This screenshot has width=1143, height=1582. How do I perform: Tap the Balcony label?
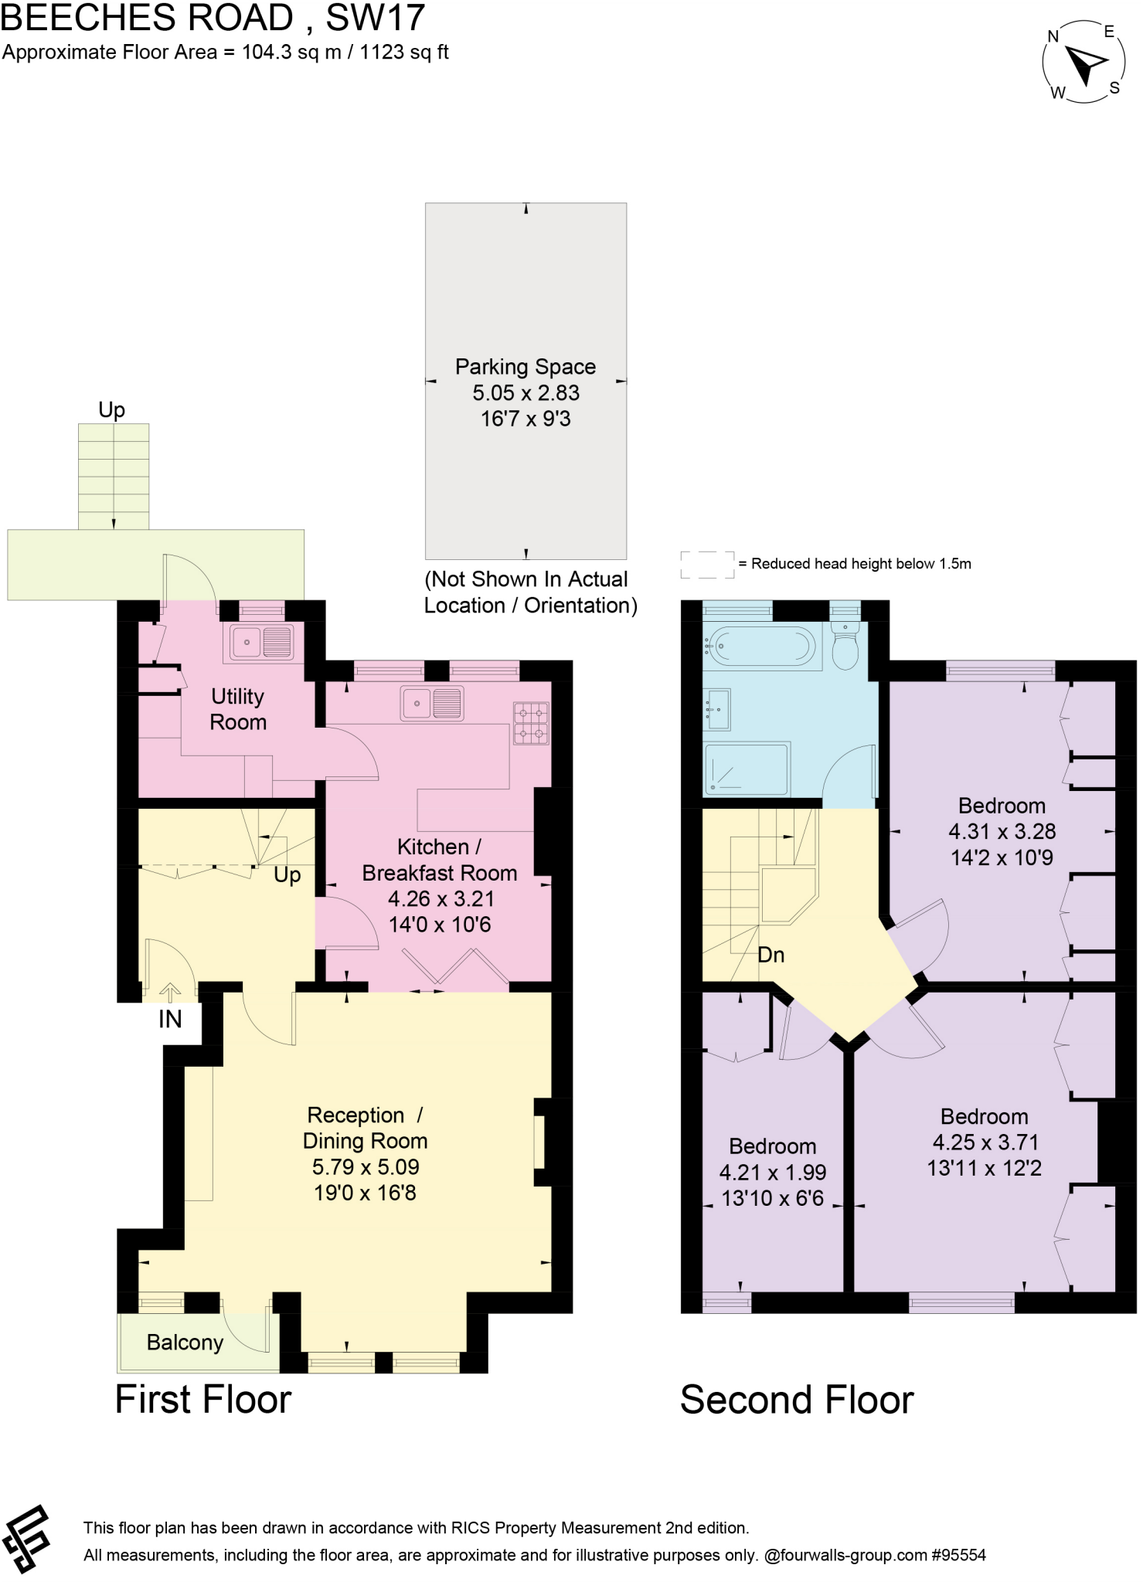[185, 1343]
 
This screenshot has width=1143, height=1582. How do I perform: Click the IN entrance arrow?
[170, 992]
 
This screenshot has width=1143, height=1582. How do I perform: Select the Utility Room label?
[238, 709]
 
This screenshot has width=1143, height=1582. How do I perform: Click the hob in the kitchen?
[531, 723]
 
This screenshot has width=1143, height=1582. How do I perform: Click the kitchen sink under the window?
[432, 704]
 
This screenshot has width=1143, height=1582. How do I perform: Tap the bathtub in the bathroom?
[762, 645]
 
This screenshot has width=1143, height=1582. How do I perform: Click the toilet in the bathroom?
[845, 650]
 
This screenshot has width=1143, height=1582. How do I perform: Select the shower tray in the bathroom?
[746, 769]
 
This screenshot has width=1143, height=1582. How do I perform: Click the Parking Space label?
[526, 366]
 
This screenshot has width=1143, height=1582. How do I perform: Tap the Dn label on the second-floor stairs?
[771, 955]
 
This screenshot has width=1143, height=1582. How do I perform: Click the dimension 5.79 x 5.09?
[366, 1166]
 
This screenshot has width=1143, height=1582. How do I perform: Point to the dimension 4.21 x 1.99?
[773, 1172]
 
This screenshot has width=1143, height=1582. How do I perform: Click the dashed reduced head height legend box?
[707, 565]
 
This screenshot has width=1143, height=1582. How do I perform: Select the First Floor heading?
[203, 1400]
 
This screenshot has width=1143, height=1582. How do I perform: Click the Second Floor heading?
[797, 1400]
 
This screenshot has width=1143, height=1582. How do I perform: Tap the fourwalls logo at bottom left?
[27, 1539]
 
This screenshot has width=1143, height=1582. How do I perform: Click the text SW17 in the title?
[376, 18]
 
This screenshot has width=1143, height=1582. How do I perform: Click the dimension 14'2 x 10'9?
[1002, 857]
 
